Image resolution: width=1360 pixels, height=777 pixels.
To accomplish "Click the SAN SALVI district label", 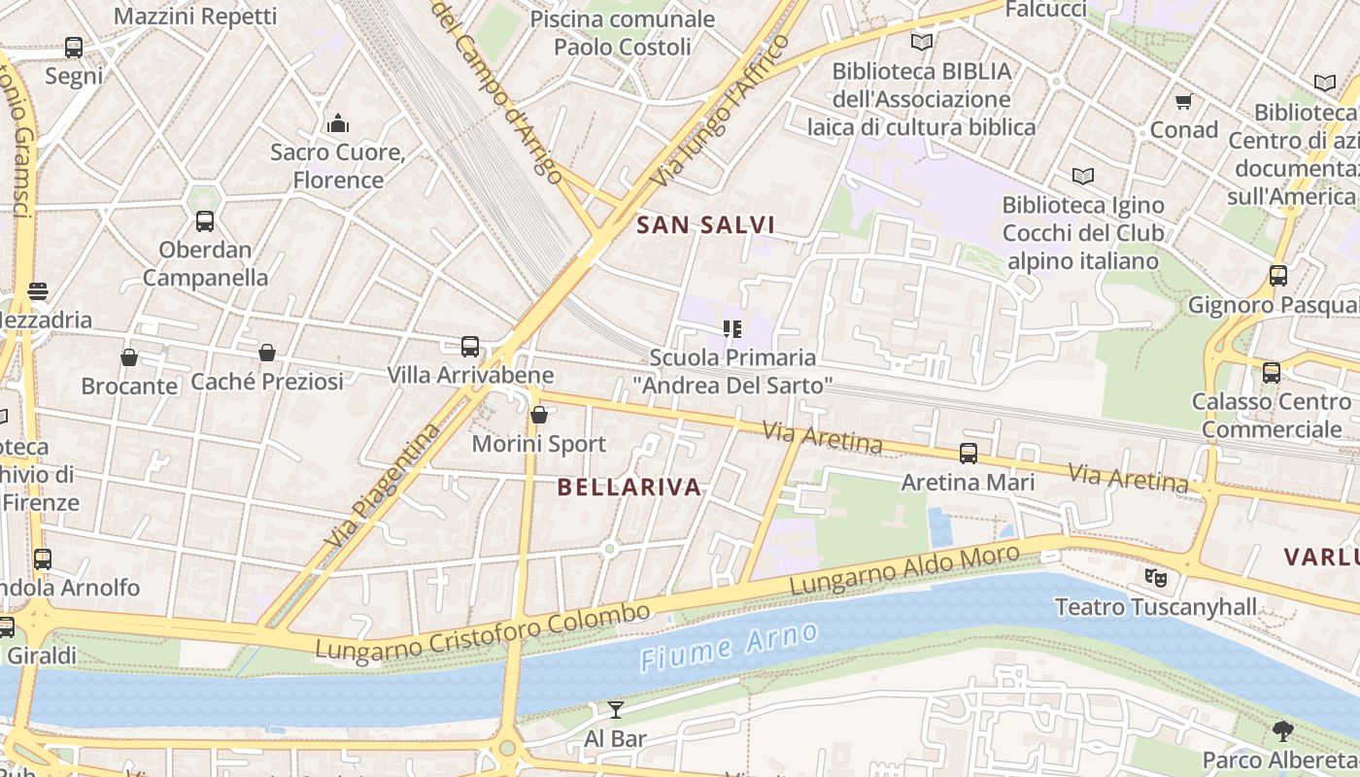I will [x=705, y=225].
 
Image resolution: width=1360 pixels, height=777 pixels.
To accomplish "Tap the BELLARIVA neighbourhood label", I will [x=629, y=488].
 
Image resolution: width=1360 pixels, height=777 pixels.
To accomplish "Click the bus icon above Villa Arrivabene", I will [x=470, y=347].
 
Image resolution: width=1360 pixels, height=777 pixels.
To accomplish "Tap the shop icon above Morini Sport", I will [x=539, y=416].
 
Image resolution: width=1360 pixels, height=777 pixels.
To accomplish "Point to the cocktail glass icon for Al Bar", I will [x=616, y=710].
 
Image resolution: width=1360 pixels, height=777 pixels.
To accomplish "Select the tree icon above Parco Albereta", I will [x=1282, y=731].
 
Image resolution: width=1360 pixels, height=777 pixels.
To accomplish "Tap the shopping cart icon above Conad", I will [x=1183, y=102].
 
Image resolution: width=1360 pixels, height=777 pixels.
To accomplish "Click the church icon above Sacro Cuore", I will [x=338, y=123].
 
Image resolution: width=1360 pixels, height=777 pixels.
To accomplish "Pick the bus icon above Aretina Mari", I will [x=969, y=454].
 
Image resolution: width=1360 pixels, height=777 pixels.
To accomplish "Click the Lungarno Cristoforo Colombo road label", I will [x=483, y=632].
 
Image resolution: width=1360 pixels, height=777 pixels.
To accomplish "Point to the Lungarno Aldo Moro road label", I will [x=904, y=571].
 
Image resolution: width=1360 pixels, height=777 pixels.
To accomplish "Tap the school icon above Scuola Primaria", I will [x=732, y=329].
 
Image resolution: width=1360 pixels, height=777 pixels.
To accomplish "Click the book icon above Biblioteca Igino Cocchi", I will [x=1083, y=177].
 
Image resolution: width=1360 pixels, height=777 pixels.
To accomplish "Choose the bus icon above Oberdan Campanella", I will [x=205, y=221].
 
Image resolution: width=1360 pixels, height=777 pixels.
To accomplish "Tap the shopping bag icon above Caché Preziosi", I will [x=267, y=353].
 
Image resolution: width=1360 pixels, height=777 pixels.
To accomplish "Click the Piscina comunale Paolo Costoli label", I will [x=623, y=33].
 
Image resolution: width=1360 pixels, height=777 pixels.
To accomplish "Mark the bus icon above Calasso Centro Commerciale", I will [x=1271, y=372].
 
